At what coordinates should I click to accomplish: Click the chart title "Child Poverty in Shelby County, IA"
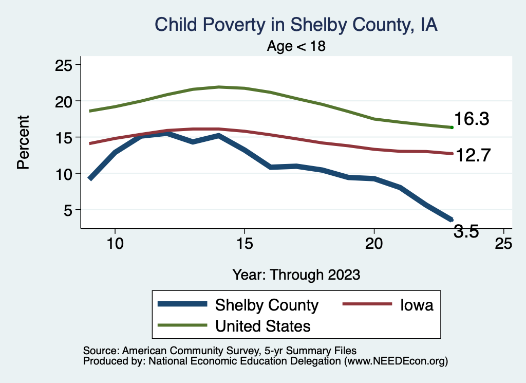coord(296,25)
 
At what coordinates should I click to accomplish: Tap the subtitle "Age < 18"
coord(296,46)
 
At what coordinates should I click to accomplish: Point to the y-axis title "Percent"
coord(23,142)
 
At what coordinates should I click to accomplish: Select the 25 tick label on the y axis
coord(65,65)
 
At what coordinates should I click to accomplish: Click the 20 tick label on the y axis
coord(65,101)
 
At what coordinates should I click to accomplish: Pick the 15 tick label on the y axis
coord(65,137)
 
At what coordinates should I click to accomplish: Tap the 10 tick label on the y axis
coord(65,174)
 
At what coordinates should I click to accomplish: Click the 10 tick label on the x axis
coord(115,243)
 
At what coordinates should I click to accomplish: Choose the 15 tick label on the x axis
coord(245,243)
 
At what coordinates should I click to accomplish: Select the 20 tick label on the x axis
coord(374,243)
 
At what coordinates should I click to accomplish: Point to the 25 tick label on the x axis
coord(503,243)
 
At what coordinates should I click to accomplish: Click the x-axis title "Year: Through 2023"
coord(296,274)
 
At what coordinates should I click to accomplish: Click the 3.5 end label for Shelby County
coord(466,232)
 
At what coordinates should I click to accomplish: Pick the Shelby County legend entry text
coord(267,305)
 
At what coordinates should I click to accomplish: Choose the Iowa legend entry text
coord(417,305)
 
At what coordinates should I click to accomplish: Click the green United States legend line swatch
coord(182,325)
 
